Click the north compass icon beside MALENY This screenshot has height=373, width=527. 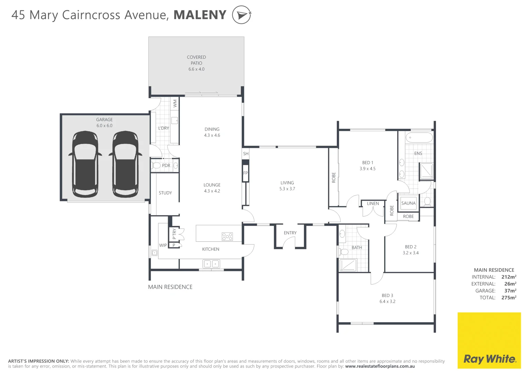(x=242, y=15)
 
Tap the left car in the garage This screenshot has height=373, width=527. (x=85, y=164)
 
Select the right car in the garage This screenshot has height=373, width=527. (x=125, y=164)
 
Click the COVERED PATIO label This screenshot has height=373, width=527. (x=196, y=60)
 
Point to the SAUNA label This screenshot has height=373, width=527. (x=408, y=203)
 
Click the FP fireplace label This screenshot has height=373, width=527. (x=245, y=173)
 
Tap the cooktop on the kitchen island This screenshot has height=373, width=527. (x=227, y=237)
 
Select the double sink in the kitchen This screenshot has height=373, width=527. (x=211, y=264)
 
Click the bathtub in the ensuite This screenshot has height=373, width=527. (x=419, y=137)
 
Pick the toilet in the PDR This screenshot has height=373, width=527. (x=156, y=165)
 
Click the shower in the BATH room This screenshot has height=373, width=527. (x=348, y=265)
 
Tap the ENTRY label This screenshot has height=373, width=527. (x=290, y=233)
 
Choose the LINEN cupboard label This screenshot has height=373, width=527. (x=373, y=203)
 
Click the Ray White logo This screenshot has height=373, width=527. (x=489, y=340)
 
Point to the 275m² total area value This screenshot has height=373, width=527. (x=509, y=297)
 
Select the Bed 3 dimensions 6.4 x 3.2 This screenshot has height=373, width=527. (x=388, y=302)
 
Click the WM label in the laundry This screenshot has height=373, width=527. (x=175, y=103)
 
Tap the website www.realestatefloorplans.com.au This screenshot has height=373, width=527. (x=380, y=366)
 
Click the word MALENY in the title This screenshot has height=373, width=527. (x=200, y=15)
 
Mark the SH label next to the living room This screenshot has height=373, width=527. (x=246, y=154)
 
